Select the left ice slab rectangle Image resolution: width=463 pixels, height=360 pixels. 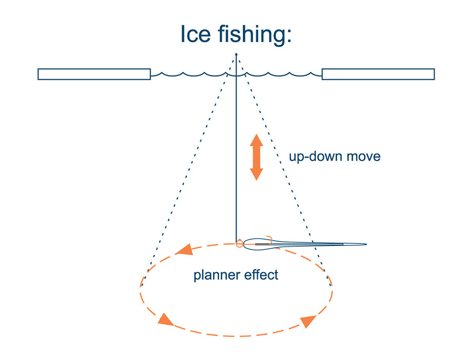point(94,74)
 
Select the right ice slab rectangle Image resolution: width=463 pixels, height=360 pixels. point(378,74)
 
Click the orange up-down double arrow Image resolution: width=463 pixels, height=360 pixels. point(257,157)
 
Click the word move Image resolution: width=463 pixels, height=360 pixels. point(363,156)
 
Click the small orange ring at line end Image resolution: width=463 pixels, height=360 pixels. point(239,244)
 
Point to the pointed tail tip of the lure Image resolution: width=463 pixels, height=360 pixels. point(365,244)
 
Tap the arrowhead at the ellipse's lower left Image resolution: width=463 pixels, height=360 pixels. point(165,320)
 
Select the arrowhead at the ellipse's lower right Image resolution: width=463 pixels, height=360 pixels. point(308,321)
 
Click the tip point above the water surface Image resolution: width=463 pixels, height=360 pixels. point(236,54)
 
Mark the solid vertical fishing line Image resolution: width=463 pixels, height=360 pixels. point(236,154)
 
